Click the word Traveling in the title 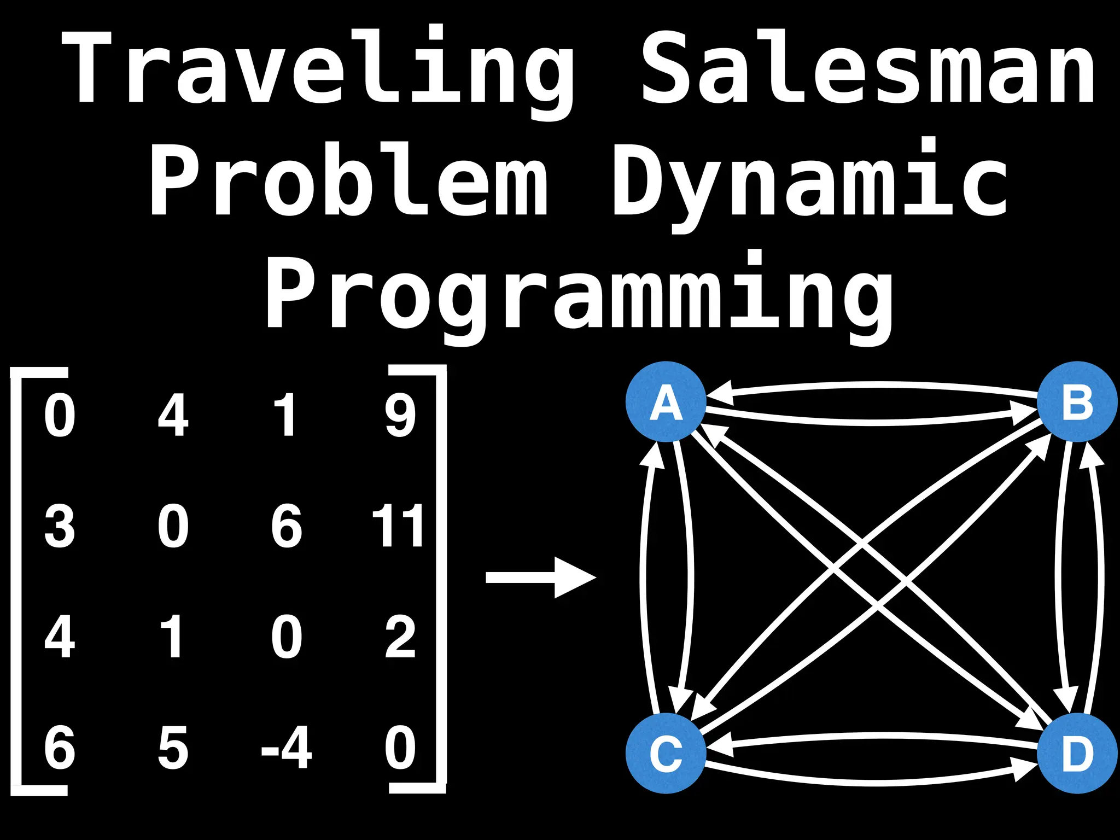coord(317,68)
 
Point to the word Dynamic coord(809,180)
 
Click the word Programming coord(580,295)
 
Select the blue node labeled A coord(666,402)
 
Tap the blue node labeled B coord(1077,402)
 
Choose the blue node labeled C coord(666,753)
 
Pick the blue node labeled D coord(1077,753)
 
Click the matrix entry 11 coord(398,526)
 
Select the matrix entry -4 coord(287,748)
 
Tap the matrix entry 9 coord(400,416)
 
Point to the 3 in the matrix coord(60,526)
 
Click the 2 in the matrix coord(400,637)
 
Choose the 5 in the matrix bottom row coord(173,748)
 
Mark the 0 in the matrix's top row coord(60,416)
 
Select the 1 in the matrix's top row coord(287,416)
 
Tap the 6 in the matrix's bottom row coord(60,748)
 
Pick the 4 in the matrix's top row coord(173,416)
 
